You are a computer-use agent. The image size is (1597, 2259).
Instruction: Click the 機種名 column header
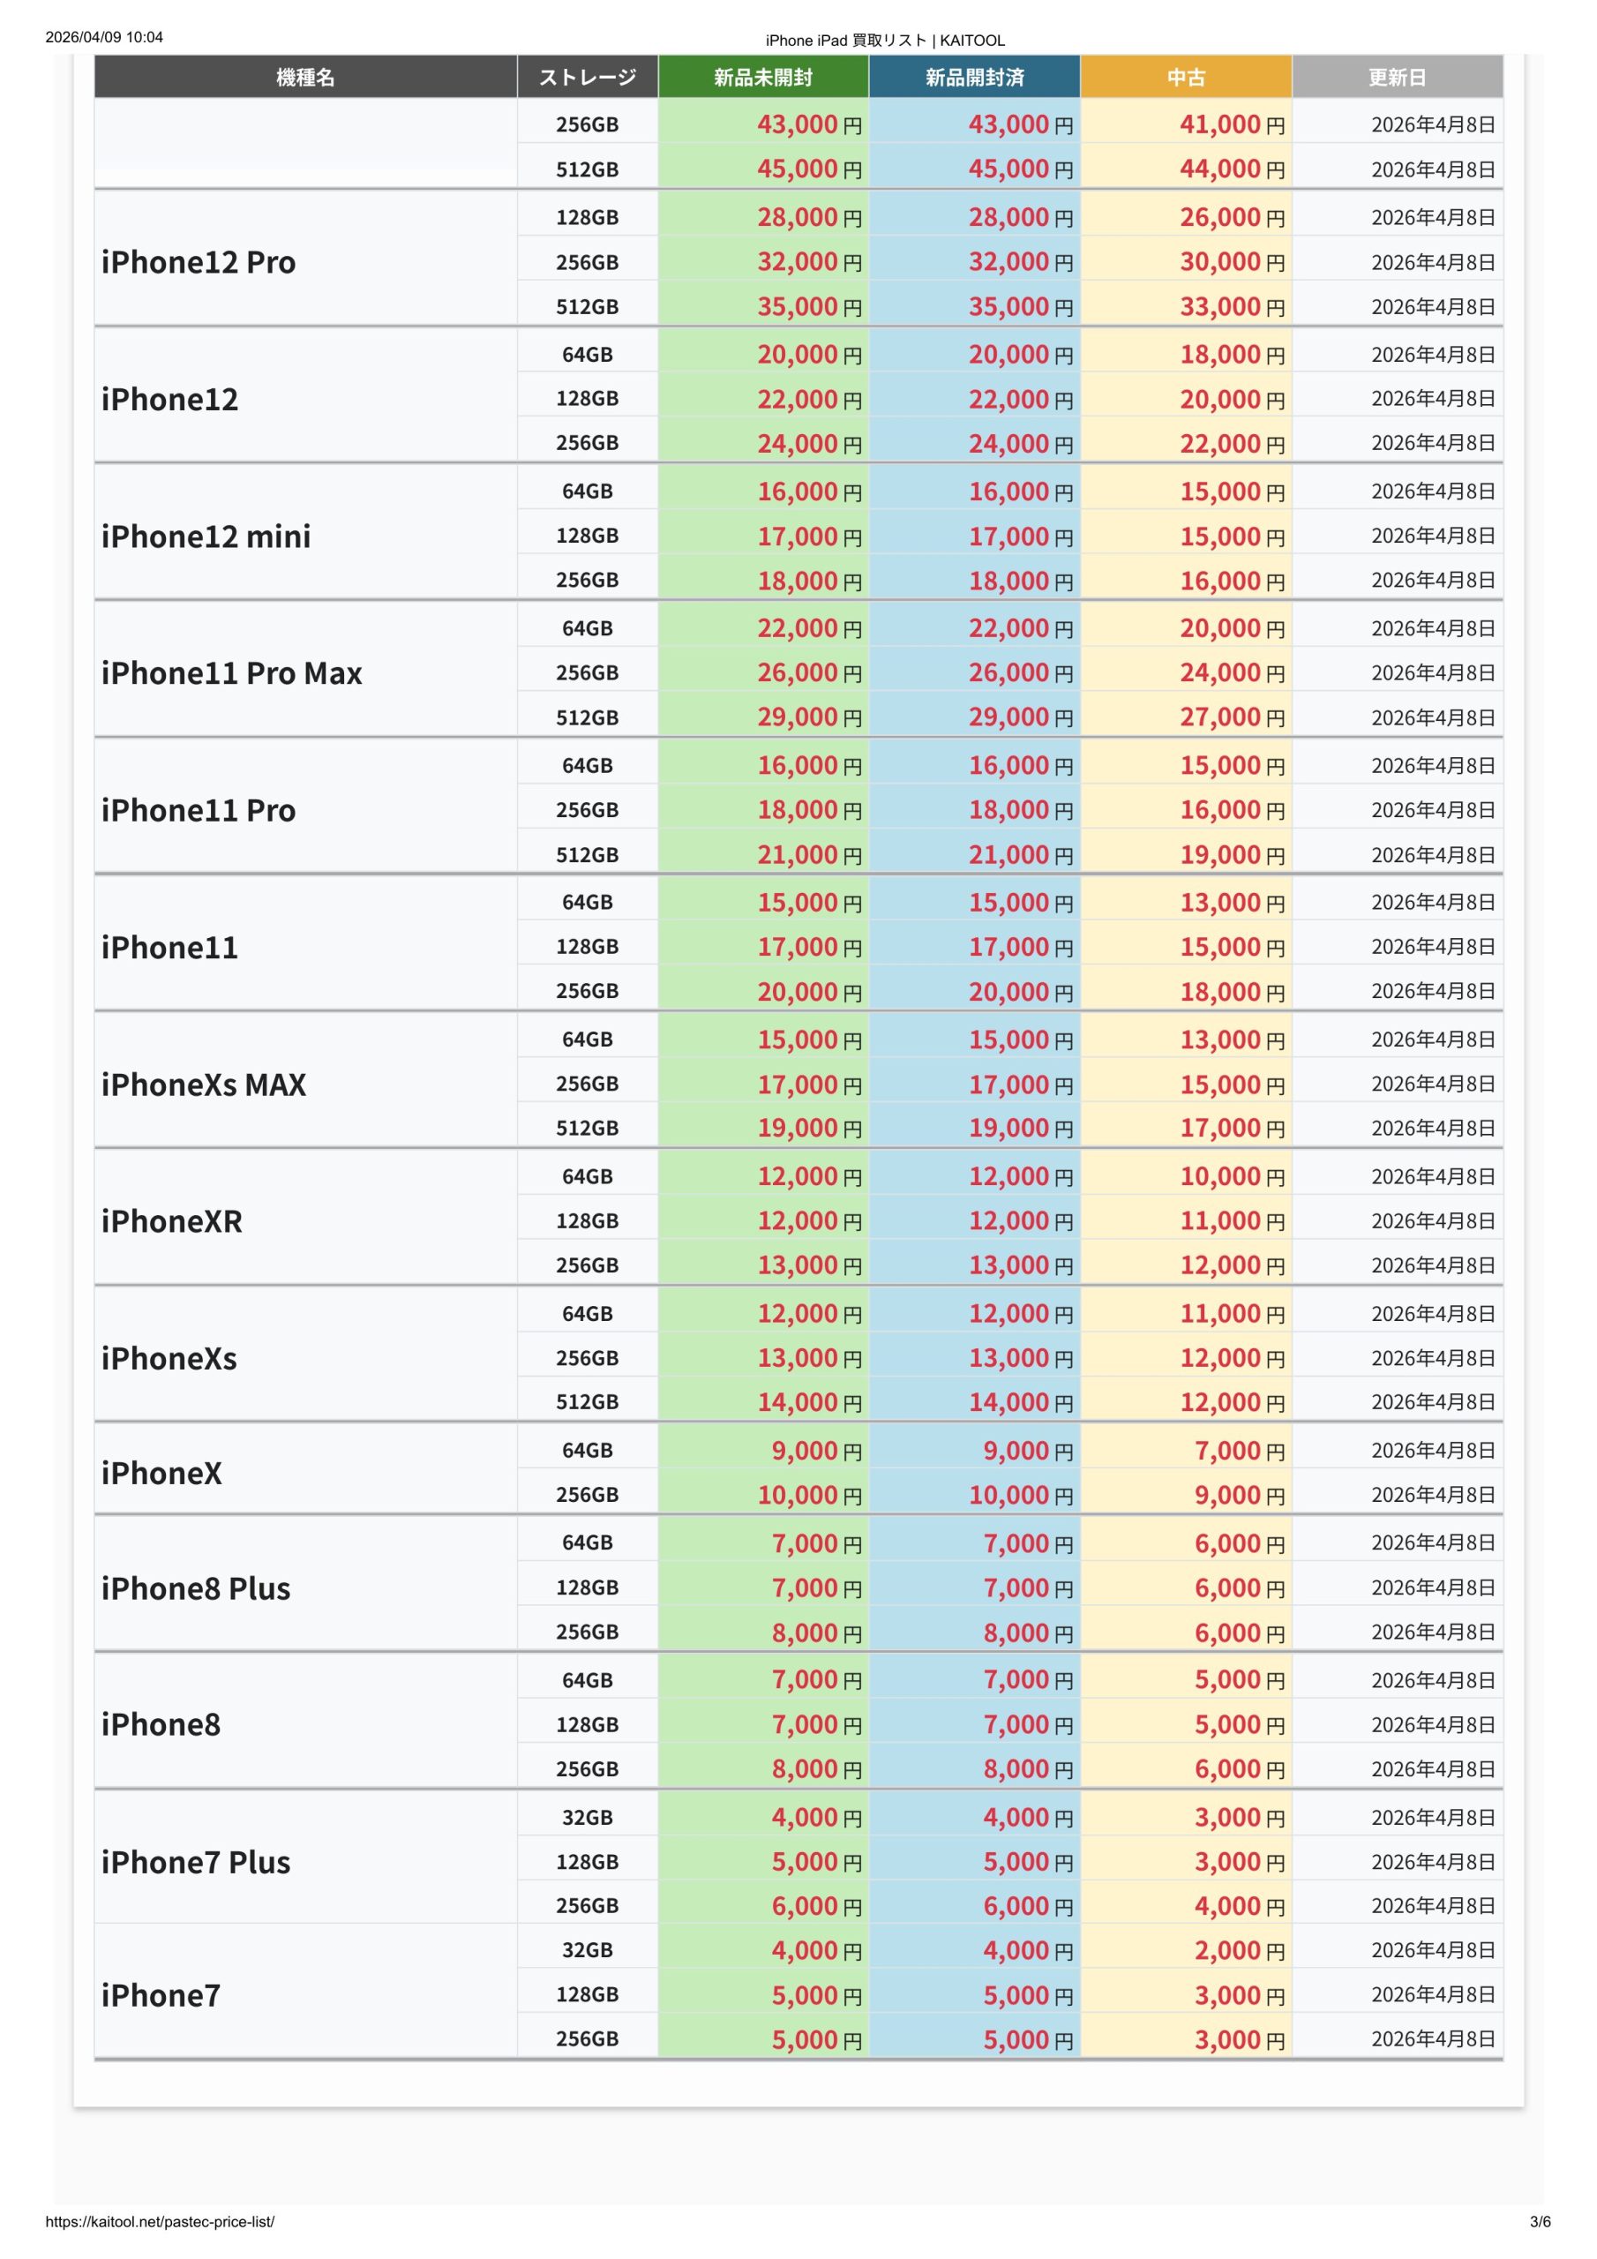click(x=305, y=77)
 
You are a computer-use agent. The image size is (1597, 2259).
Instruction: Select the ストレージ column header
click(x=588, y=77)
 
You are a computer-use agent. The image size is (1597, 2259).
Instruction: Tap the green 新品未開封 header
click(x=762, y=77)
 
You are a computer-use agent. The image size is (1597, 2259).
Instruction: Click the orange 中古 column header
click(x=1186, y=77)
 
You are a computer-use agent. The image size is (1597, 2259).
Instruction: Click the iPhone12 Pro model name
click(x=199, y=262)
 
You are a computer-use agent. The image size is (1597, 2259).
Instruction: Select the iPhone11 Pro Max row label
click(x=232, y=673)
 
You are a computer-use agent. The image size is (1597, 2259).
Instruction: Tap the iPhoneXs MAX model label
click(x=204, y=1084)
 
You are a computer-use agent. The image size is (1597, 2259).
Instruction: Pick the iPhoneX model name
click(x=161, y=1473)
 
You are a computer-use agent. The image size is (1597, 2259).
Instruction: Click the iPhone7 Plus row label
click(x=196, y=1862)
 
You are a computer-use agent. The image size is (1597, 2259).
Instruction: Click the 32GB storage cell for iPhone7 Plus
click(x=588, y=1817)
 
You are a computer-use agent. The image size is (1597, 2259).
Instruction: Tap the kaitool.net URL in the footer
click(x=161, y=2222)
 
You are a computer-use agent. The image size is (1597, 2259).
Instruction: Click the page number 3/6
click(x=1540, y=2222)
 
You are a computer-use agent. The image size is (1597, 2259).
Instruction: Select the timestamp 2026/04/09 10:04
click(x=104, y=37)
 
